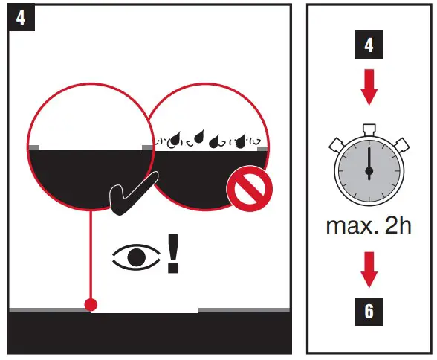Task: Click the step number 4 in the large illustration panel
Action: [x=20, y=17]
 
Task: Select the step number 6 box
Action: [x=369, y=311]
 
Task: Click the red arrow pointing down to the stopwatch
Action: [x=369, y=91]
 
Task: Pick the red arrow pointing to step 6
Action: [x=369, y=269]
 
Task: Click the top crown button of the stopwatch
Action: [x=369, y=128]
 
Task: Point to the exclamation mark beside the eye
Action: [x=173, y=253]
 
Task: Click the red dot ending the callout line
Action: [x=91, y=304]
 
